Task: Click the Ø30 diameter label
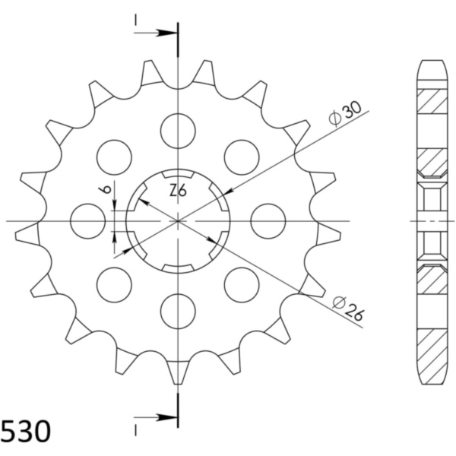coord(345,113)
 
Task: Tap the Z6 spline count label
coord(178,191)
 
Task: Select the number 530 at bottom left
coord(26,432)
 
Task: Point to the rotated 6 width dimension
coord(106,189)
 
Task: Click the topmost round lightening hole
coord(178,131)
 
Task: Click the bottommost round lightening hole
coord(178,311)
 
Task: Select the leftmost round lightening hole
coord(88,221)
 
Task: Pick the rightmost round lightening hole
coord(268,221)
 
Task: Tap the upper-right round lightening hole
coord(242,157)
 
